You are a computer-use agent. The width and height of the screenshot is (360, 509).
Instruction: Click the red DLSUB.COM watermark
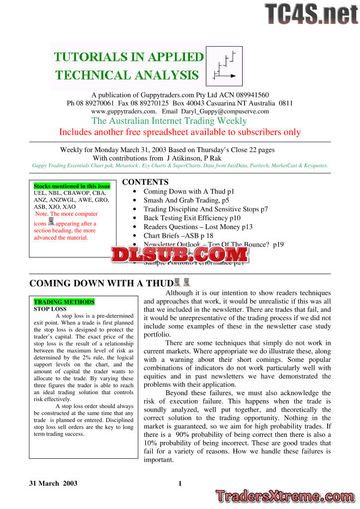click(x=180, y=254)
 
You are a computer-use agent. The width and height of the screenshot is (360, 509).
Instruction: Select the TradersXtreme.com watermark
click(x=286, y=496)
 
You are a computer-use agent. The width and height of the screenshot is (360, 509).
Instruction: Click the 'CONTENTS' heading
click(x=145, y=182)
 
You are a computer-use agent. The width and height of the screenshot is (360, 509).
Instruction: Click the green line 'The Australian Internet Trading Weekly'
click(x=169, y=121)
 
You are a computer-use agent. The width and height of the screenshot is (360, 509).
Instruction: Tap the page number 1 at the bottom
click(x=180, y=483)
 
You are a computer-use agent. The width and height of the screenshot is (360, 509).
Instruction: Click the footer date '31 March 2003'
click(x=53, y=483)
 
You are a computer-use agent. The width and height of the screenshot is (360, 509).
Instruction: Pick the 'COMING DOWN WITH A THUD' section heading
click(x=101, y=283)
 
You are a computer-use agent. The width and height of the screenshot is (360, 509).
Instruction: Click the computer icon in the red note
click(x=51, y=222)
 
